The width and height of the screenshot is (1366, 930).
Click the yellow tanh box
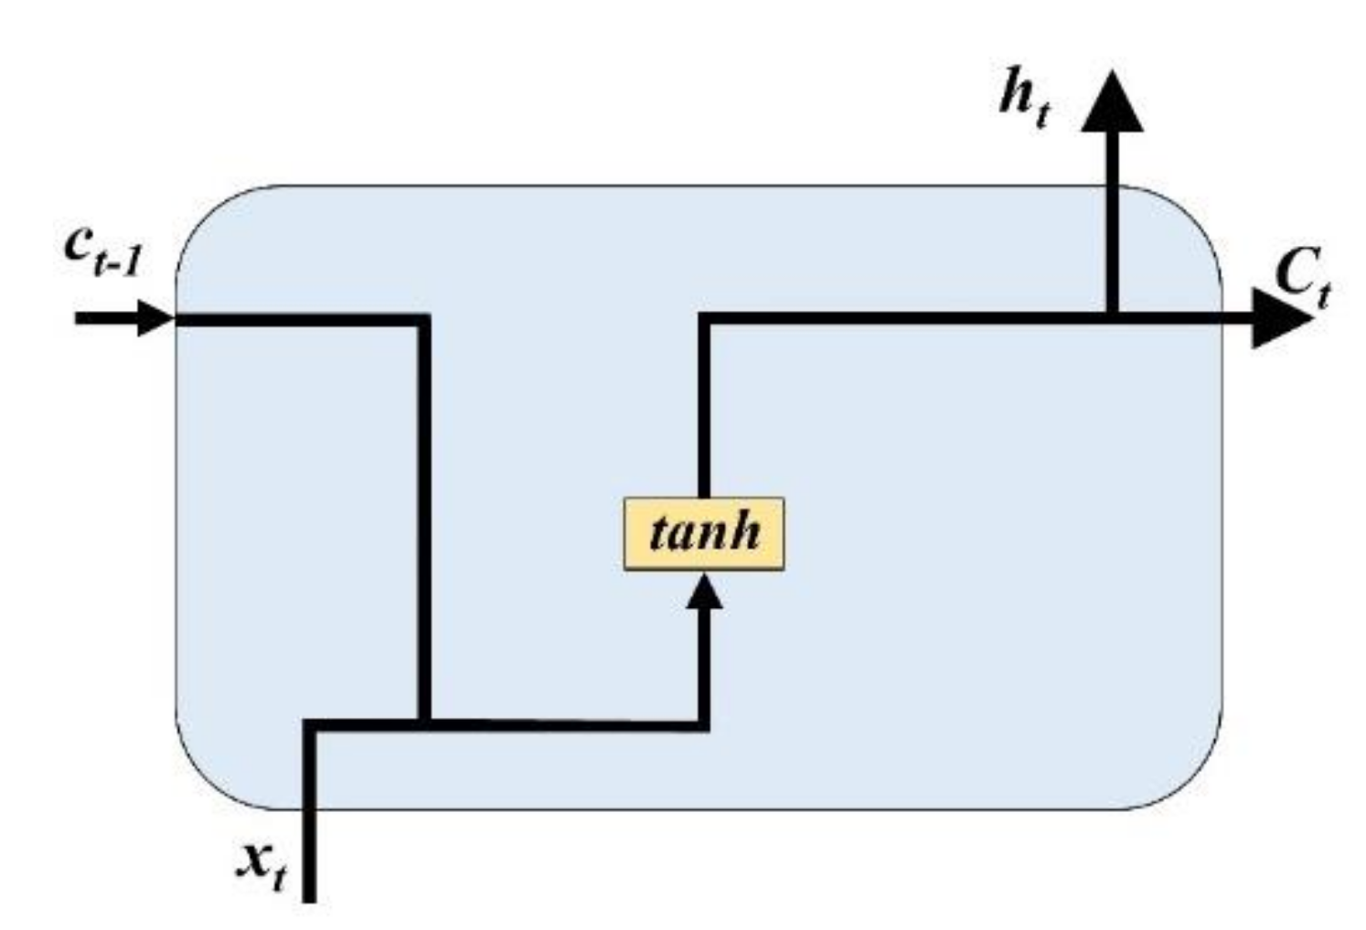point(703,533)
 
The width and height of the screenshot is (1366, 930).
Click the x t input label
point(261,864)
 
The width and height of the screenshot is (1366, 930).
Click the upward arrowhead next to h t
point(1112,102)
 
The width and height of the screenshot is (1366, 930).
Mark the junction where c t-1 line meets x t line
point(424,724)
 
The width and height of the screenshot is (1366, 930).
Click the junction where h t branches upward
point(1112,318)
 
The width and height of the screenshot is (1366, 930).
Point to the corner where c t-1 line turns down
point(424,319)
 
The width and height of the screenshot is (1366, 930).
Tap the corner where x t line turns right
point(310,725)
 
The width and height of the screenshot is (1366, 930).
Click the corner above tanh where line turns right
point(704,318)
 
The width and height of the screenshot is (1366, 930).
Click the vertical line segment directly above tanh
point(704,412)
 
